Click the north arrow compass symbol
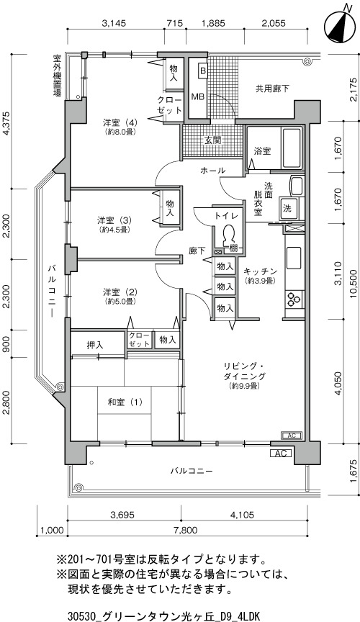point(340,25)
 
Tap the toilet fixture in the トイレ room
point(228,236)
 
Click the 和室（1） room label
point(125,402)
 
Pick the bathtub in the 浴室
point(292,148)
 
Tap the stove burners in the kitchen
point(294,299)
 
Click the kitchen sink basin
point(294,258)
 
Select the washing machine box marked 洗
point(287,209)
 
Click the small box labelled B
point(202,71)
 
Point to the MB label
point(198,96)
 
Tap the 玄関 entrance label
point(212,140)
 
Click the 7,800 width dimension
point(186,530)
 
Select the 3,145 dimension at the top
point(114,23)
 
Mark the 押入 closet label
point(95,345)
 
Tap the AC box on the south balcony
point(281,453)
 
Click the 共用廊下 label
point(272,89)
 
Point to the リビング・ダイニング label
point(244,371)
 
